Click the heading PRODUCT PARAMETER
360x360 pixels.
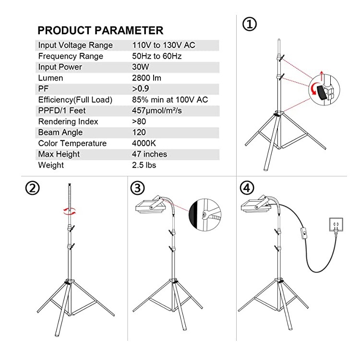point(100,31)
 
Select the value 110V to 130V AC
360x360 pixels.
point(164,45)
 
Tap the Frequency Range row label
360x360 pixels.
point(71,56)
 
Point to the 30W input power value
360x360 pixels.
point(141,67)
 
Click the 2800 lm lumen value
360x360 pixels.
point(146,78)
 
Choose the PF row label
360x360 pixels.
point(43,89)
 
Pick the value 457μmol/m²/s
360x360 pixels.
point(157,111)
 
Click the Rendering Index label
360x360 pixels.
point(68,121)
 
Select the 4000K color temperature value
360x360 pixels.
point(144,143)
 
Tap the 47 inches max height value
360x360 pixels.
point(149,154)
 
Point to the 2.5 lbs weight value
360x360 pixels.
point(144,165)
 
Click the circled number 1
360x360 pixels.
point(250,24)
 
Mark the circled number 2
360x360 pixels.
point(32,188)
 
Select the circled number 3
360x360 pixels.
point(138,188)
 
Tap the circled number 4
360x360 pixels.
point(247,188)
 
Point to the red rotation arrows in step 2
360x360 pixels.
point(70,211)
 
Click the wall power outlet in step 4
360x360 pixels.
point(336,224)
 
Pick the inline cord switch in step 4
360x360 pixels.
point(304,234)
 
